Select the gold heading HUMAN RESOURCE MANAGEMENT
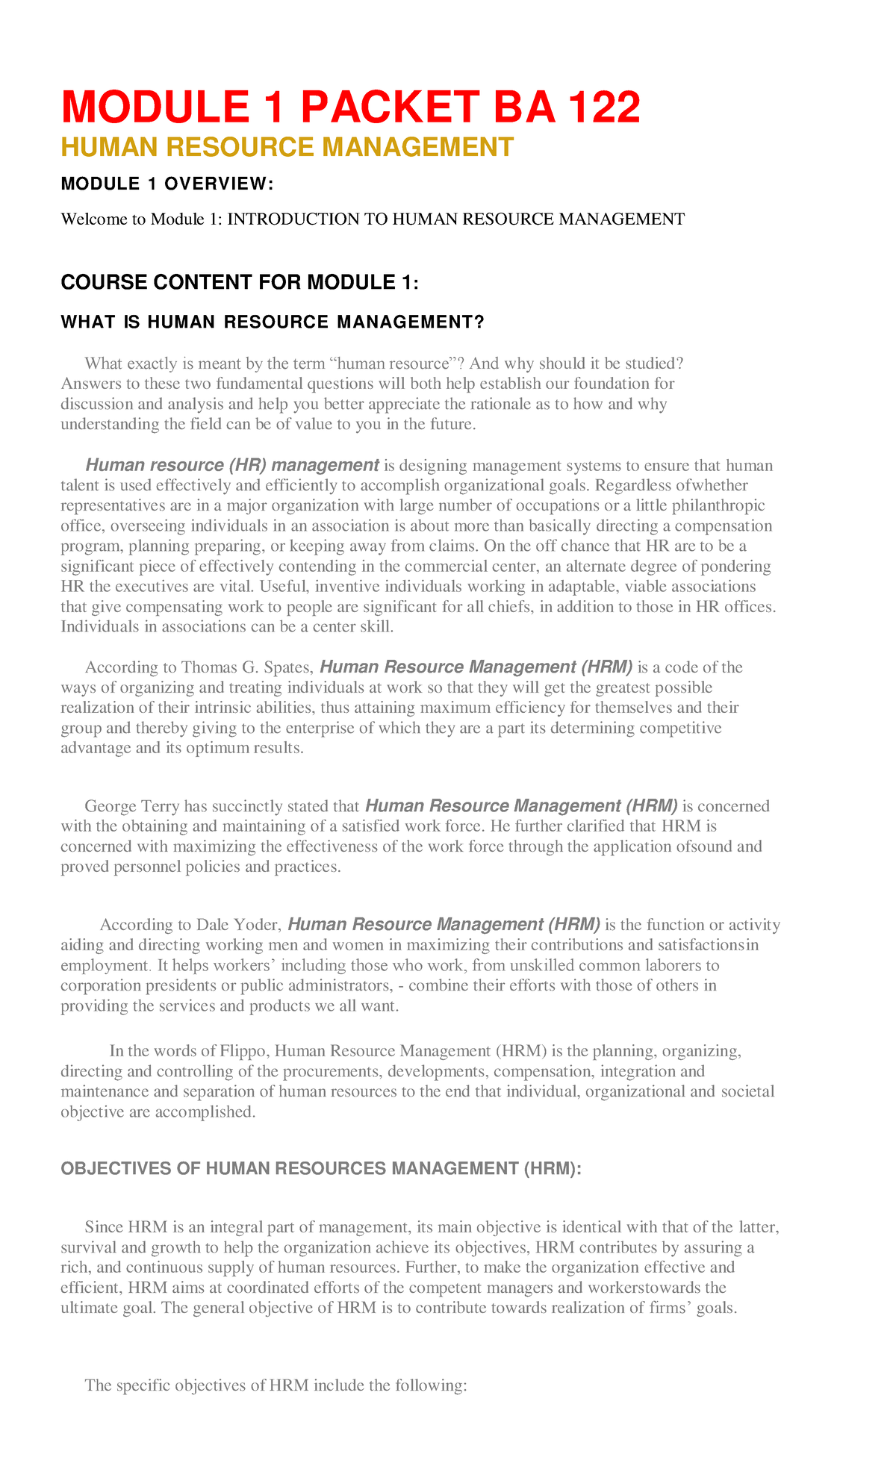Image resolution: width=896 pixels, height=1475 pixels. [287, 147]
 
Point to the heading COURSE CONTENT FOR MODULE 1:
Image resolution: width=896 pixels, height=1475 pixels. [240, 282]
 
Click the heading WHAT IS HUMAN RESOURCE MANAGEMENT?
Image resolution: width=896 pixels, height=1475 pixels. [273, 322]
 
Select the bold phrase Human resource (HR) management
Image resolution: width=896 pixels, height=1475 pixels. [232, 465]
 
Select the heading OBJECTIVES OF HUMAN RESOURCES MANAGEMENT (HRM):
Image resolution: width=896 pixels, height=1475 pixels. [320, 1169]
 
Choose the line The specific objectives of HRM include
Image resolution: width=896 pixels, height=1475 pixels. [275, 1385]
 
